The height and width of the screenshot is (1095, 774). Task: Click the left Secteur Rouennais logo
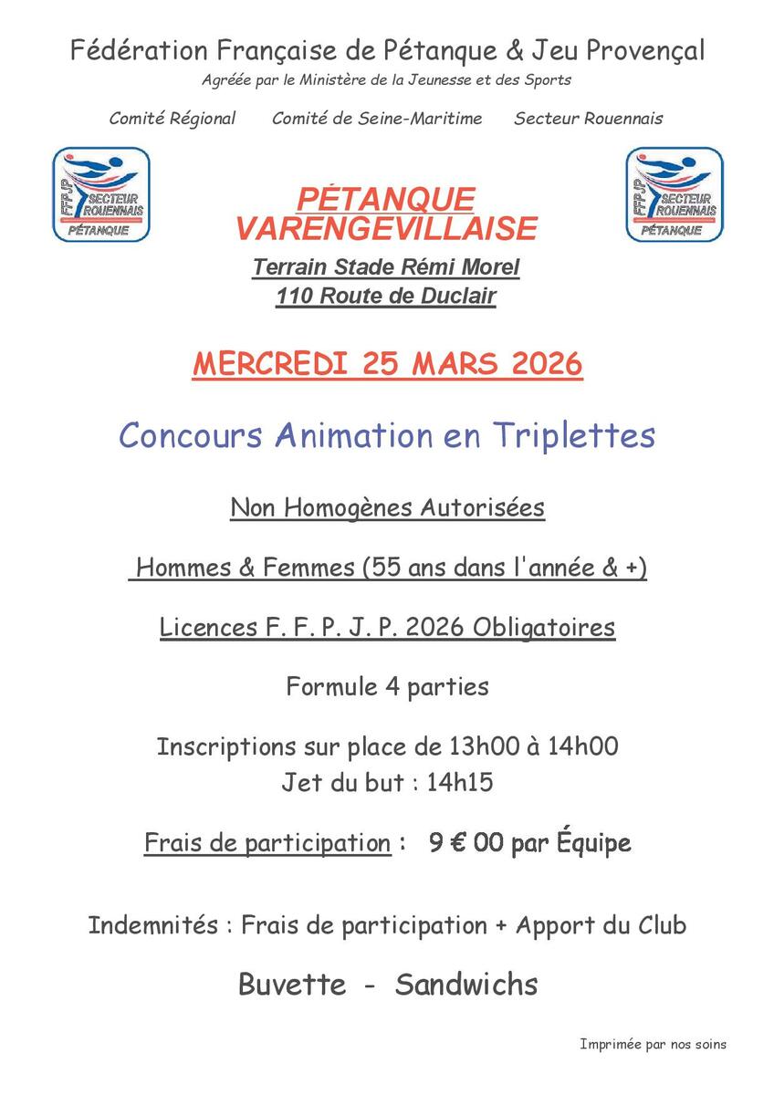pos(100,194)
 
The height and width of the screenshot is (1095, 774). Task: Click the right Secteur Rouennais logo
pos(674,194)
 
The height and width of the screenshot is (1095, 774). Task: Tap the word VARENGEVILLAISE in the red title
pos(386,228)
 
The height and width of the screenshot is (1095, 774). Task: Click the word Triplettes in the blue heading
pos(574,435)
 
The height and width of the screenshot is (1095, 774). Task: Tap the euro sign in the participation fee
pos(460,842)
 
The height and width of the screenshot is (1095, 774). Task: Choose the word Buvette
pos(292,985)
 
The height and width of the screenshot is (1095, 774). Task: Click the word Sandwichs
pos(466,985)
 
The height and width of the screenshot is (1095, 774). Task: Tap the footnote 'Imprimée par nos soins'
pos(653,1044)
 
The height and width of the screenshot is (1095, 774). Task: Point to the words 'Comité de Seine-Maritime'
pos(377,119)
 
